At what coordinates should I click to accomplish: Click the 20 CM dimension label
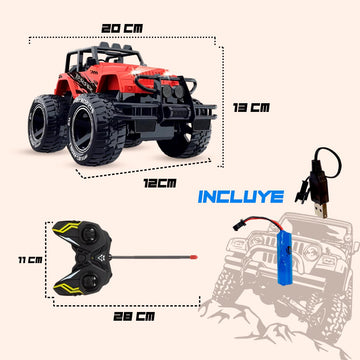pos(122,28)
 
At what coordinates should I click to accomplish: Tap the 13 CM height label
pos(251,107)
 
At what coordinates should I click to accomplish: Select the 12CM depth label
pos(160,183)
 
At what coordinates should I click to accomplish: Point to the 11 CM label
pos(30,260)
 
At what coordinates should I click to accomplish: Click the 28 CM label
pos(134,316)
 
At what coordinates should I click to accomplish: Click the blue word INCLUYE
pos(241,197)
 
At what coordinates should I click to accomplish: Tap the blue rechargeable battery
pos(285,258)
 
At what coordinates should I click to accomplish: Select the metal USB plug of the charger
pos(321,210)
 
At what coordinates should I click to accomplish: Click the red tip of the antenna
pos(194,257)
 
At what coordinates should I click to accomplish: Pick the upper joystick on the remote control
pos(89,233)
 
